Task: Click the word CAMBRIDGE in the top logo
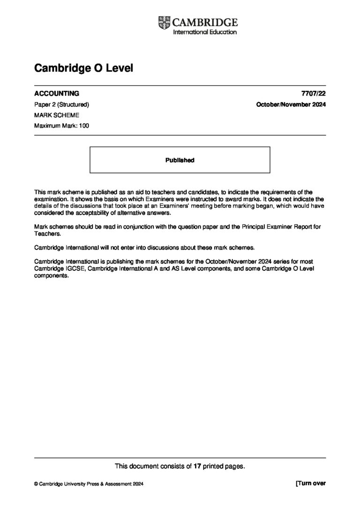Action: [205, 22]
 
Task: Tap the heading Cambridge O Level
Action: [84, 68]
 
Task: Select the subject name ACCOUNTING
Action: [57, 93]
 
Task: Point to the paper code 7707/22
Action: [315, 93]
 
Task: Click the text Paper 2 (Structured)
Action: [61, 105]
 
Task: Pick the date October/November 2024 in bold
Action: [291, 105]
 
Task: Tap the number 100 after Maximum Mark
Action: [84, 126]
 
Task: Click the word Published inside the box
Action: [180, 160]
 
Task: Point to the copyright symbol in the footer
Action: [36, 484]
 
